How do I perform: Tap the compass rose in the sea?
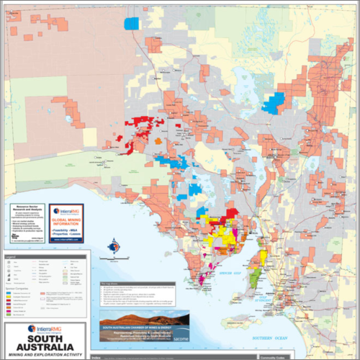click(112, 247)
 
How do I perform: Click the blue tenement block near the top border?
click(131, 23)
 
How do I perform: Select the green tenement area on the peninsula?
click(256, 274)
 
